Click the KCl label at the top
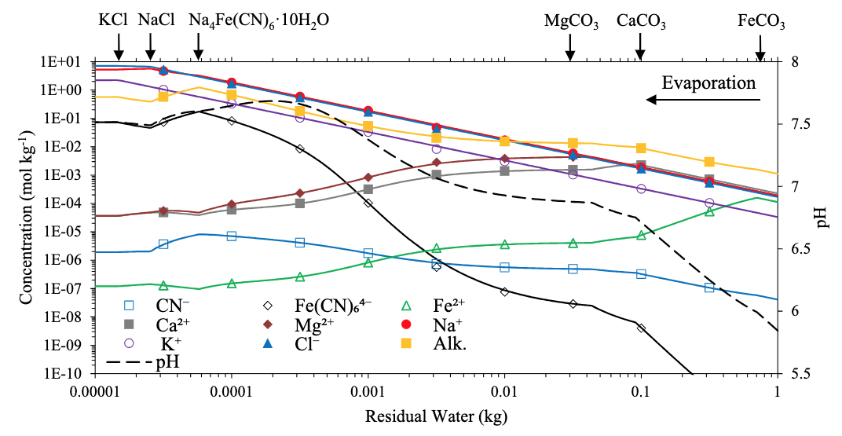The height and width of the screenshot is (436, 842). coord(113,20)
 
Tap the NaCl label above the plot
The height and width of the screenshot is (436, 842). coord(156,20)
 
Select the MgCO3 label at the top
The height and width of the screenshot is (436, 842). coord(571,21)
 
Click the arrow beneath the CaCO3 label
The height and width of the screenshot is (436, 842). coord(640,49)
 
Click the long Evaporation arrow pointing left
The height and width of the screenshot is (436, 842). coord(703,100)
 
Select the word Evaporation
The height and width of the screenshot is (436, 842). coord(708,82)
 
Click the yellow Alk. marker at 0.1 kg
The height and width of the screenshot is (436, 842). coord(641,148)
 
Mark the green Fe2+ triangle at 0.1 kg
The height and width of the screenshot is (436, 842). coord(641,235)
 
